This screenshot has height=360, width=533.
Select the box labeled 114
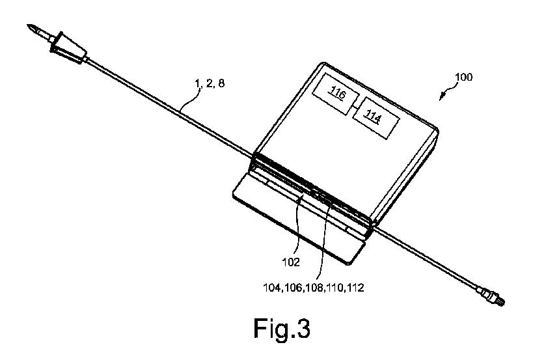coord(375,118)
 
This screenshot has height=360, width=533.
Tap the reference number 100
coord(463,77)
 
